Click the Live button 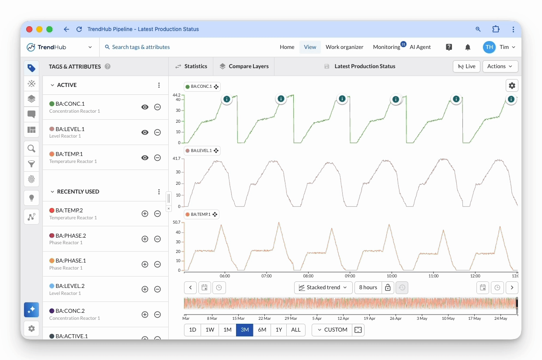click(x=466, y=66)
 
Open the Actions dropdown click(x=500, y=66)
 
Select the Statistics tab click(x=191, y=66)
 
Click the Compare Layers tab click(x=244, y=66)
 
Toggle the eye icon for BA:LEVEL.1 click(x=145, y=132)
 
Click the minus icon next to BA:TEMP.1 click(x=157, y=158)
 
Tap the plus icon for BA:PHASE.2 click(x=145, y=239)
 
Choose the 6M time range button click(x=262, y=330)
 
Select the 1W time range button click(x=209, y=330)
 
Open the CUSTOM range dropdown click(x=332, y=330)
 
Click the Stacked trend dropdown click(x=323, y=287)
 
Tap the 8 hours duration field click(x=368, y=287)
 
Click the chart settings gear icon click(x=512, y=86)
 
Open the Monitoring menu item click(x=386, y=47)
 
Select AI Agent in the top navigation click(x=420, y=47)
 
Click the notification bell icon click(x=468, y=47)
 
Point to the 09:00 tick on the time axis click(x=350, y=276)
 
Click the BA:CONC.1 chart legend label click(x=202, y=87)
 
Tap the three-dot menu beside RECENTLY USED click(x=159, y=192)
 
